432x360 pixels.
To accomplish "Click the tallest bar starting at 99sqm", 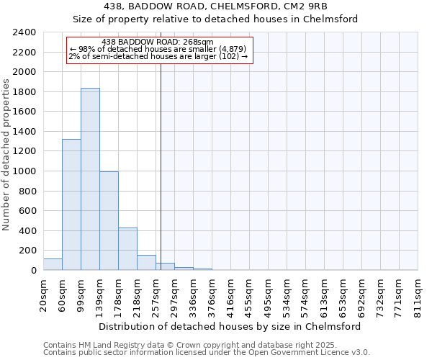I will (x=90, y=179).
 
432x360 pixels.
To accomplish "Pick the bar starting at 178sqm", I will (x=127, y=249).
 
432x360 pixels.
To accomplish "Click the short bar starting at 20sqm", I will (x=53, y=264).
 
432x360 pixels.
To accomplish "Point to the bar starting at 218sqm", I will (x=146, y=263).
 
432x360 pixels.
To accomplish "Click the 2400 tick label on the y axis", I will (x=24, y=33).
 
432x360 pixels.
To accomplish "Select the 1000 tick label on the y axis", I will (x=24, y=171).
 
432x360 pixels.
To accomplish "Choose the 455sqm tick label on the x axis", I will (x=249, y=297).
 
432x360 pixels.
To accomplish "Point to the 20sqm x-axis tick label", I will (x=43, y=294).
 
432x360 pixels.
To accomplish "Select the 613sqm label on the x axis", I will (x=324, y=297).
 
